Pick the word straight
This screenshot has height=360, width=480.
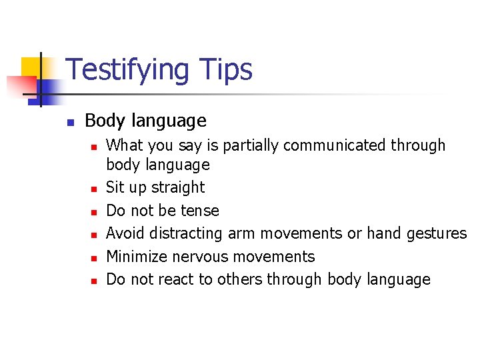180,187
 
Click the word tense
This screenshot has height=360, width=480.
200,211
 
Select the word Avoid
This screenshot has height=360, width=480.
126,233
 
